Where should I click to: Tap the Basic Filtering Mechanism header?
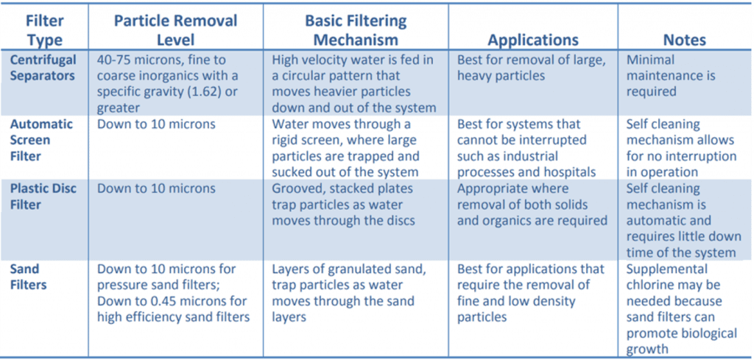[351, 29]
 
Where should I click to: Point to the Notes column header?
[684, 40]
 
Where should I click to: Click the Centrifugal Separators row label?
[43, 68]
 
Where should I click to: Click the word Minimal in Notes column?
[652, 60]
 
